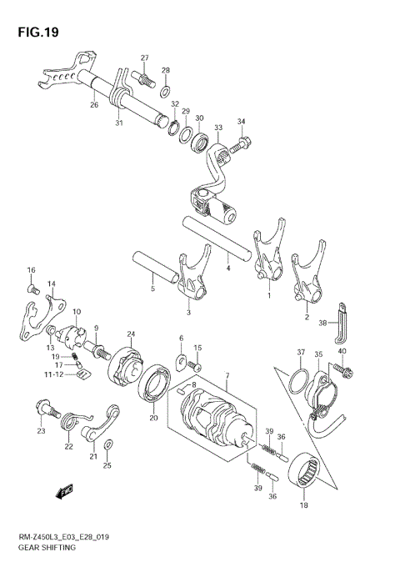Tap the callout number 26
pyautogui.click(x=94, y=104)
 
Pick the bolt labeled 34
pyautogui.click(x=238, y=146)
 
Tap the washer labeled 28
pyautogui.click(x=166, y=89)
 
